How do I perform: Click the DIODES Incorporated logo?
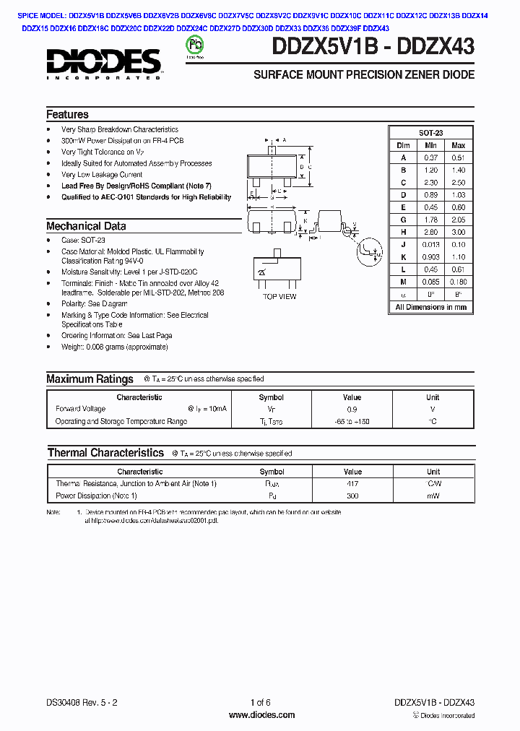point(104,63)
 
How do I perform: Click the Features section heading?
point(67,115)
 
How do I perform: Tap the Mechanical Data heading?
point(86,226)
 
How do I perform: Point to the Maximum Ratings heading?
point(90,379)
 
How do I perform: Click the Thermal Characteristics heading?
point(105,453)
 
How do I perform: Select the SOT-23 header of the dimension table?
point(430,133)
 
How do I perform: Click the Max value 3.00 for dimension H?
point(457,233)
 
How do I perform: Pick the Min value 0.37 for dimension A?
point(431,157)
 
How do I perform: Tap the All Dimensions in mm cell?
point(430,307)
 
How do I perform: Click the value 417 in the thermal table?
point(352,484)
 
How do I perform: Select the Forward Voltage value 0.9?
point(352,409)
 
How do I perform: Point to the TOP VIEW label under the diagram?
point(279,296)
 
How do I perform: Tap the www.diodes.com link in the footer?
point(261,715)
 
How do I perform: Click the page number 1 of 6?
point(260,703)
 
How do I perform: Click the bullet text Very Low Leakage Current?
point(102,175)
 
